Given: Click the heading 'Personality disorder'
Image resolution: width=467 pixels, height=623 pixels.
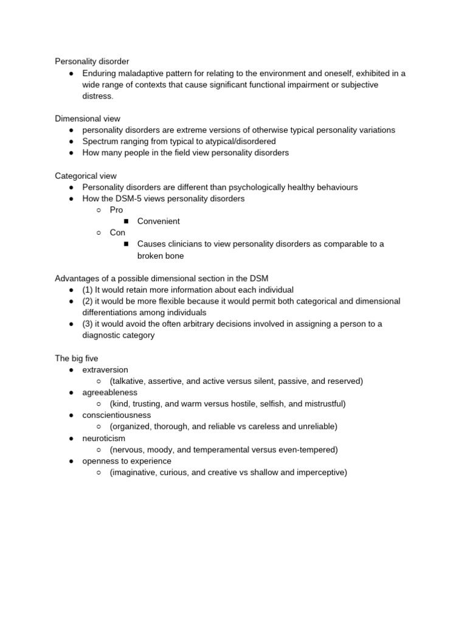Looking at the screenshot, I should click(x=92, y=61).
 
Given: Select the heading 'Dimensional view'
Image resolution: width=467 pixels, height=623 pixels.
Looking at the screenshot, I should click(x=88, y=119).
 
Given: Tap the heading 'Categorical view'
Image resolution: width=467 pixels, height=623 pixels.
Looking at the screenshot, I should click(x=86, y=176).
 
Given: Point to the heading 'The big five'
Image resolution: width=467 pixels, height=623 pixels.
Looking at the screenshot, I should click(x=76, y=358).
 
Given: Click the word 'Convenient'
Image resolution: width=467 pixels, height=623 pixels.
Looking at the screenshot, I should click(x=158, y=221).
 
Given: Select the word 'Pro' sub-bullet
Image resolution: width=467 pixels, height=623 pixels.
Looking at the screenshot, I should click(x=116, y=210).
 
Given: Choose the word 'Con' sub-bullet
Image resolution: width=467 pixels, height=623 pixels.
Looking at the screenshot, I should click(x=117, y=232).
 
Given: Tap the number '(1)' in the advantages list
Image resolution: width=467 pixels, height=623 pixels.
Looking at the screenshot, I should click(x=88, y=290).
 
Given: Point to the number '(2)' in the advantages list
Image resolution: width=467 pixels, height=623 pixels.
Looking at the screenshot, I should click(x=88, y=301).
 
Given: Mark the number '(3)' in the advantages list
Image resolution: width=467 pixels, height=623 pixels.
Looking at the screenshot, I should click(x=88, y=324).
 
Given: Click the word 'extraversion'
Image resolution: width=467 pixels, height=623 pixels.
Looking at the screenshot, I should click(x=105, y=370).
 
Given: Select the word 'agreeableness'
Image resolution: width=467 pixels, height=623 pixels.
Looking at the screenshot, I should click(x=109, y=392).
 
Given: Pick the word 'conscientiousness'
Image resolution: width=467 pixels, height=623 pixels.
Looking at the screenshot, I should click(x=117, y=415).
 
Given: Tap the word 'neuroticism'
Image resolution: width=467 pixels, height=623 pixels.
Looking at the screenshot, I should click(x=105, y=438).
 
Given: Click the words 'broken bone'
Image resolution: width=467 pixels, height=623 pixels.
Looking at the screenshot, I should click(x=161, y=256).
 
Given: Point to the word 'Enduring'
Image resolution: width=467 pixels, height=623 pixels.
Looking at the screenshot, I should click(x=100, y=73).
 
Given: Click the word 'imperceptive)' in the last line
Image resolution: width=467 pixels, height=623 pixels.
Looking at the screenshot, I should click(x=321, y=472).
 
